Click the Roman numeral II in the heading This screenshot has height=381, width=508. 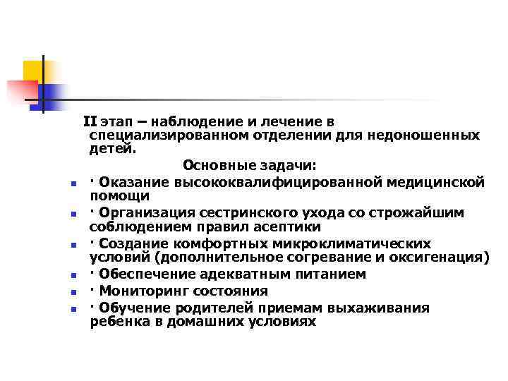[91, 122]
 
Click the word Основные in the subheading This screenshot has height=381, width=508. [215, 165]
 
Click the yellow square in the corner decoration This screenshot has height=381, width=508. [33, 71]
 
